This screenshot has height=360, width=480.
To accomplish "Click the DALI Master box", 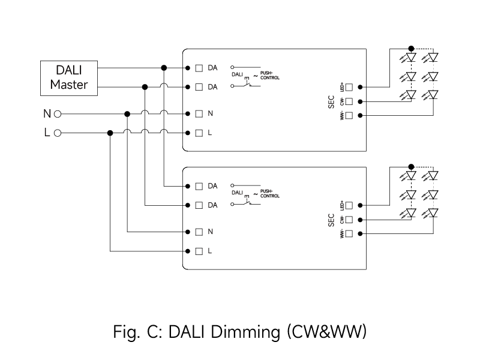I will click(68, 77).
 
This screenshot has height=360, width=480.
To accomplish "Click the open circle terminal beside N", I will click(58, 113).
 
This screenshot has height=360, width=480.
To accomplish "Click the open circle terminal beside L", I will click(58, 133).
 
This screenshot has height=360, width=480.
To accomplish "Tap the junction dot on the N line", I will click(127, 113).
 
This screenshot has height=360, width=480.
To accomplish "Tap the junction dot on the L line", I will click(110, 133).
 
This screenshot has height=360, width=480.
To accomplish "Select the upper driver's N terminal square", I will click(199, 113).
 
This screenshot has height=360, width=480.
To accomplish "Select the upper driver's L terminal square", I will click(199, 133).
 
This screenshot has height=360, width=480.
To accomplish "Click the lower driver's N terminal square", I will click(199, 232).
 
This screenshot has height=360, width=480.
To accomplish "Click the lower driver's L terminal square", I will click(199, 251).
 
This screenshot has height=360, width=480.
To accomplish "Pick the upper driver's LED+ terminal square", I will click(349, 88).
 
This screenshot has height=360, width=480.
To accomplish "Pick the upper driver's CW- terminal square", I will click(349, 101).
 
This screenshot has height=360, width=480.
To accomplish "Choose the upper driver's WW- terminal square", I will click(349, 115).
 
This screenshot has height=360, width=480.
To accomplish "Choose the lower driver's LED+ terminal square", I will click(349, 206).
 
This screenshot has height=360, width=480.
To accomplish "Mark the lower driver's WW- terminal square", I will click(349, 233).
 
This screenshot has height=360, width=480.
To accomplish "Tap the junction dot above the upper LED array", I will click(411, 49).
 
